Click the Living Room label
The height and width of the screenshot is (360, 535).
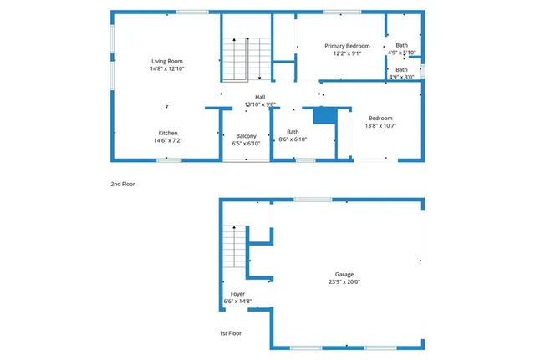tap(167, 61)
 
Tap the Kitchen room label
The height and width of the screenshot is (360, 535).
tap(168, 134)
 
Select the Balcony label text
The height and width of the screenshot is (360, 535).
tap(246, 136)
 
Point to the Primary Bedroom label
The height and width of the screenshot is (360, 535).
tap(347, 46)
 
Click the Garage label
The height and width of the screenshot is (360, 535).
tap(344, 274)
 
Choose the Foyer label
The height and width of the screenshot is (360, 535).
tap(237, 294)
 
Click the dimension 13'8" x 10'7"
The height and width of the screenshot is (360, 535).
tap(380, 126)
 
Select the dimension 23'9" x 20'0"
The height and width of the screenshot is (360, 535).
tap(344, 282)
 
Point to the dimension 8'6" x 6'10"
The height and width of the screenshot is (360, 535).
tap(293, 139)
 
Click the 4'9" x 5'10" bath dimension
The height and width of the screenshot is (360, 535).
tap(402, 53)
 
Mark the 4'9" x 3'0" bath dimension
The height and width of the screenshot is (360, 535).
tap(402, 78)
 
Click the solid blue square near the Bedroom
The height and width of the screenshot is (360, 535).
tap(324, 115)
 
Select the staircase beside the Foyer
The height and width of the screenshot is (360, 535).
tap(234, 249)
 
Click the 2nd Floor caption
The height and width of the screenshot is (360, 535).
tap(122, 183)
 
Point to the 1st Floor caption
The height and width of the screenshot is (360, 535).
tap(231, 333)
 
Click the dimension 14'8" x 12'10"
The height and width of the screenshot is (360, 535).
tap(167, 69)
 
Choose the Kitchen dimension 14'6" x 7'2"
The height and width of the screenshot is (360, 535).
tap(168, 141)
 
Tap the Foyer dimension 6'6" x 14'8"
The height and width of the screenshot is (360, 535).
tap(237, 302)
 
